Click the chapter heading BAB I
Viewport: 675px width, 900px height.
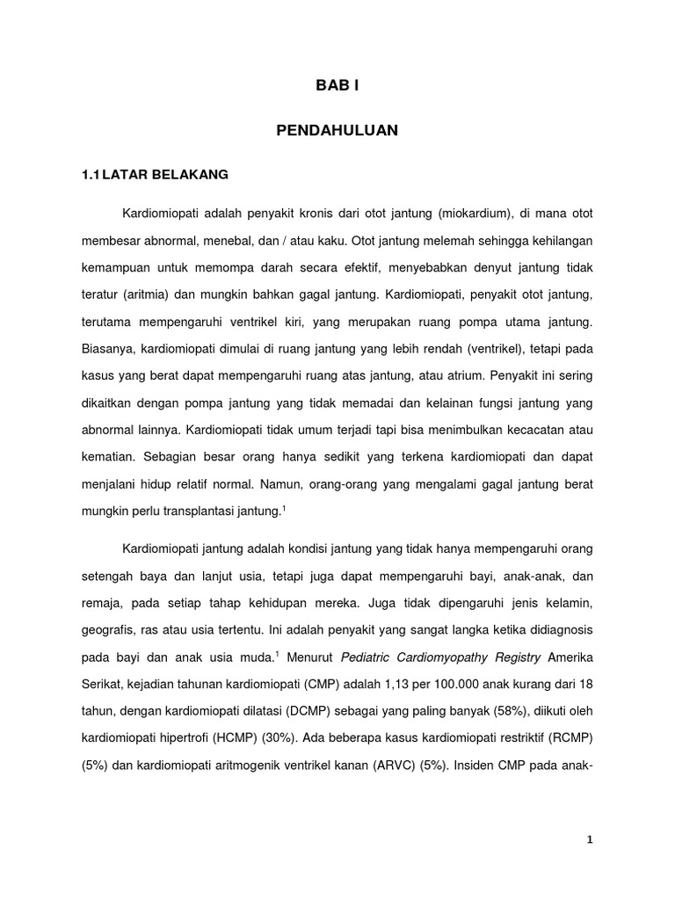(x=337, y=85)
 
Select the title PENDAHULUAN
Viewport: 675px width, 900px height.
(x=337, y=130)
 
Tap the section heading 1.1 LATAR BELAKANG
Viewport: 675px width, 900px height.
(x=155, y=174)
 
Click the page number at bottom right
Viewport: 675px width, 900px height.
(x=591, y=840)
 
